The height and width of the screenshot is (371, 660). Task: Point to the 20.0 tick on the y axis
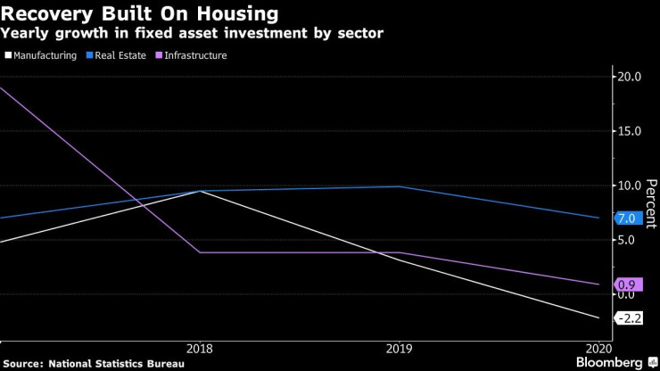pos(630,77)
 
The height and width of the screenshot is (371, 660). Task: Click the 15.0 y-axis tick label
pos(630,131)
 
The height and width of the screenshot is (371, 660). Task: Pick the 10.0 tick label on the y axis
pos(630,185)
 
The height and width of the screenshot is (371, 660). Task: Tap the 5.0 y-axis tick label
pos(627,240)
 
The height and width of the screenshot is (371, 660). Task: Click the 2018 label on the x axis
pos(199,349)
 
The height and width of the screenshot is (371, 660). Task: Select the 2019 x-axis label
pos(399,349)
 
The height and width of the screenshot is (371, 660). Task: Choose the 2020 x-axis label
pos(598,349)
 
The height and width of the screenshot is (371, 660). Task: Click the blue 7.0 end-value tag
pos(626,218)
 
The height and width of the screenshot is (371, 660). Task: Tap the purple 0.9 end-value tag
pos(626,284)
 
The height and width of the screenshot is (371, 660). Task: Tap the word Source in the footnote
pos(25,364)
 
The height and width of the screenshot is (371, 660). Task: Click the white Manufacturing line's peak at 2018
pos(199,191)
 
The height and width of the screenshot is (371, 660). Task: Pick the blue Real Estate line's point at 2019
pos(399,186)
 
